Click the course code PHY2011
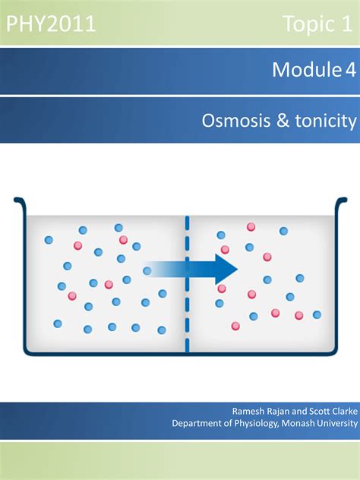pos(51,24)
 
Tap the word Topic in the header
pos(308,24)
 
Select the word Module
pos(307,69)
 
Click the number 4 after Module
pos(351,70)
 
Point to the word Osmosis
pos(236,120)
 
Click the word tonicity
pos(326,121)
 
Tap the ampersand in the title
pos(283,120)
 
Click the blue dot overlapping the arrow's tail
pos(147,270)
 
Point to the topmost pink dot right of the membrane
pos(251,227)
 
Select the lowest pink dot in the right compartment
pos(235,326)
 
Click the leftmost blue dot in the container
pos(49,240)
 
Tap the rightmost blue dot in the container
pos(317,314)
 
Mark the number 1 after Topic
pos(347,24)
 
